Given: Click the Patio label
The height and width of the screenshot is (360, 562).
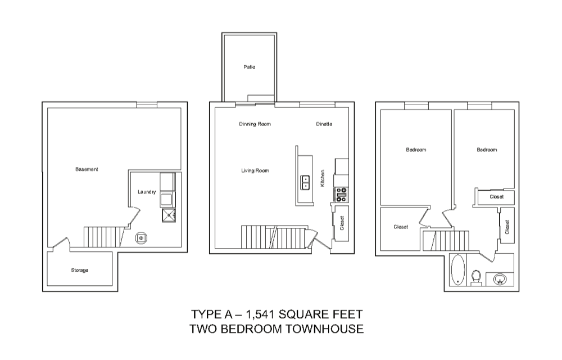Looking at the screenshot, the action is click(250, 67).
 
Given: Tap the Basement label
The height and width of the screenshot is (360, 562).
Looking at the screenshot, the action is click(87, 169).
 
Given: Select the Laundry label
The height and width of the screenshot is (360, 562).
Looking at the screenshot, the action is click(147, 192).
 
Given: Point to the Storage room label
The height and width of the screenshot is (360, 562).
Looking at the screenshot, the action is click(80, 270).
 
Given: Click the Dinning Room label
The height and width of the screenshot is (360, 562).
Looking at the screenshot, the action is click(255, 124).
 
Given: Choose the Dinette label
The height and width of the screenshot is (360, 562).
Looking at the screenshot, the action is click(324, 124).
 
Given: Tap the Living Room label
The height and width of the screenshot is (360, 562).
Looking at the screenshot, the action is click(255, 170).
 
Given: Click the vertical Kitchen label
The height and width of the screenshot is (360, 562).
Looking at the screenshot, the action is click(323, 178).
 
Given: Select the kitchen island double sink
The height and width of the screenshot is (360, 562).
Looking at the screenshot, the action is click(305, 182).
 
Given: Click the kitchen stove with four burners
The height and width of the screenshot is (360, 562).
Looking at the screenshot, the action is click(341, 194).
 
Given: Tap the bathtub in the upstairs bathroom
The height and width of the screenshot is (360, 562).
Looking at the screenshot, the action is click(458, 269).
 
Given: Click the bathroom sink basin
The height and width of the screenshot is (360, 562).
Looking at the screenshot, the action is click(500, 278).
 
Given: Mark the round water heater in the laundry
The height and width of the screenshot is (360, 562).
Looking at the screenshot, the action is click(141, 238).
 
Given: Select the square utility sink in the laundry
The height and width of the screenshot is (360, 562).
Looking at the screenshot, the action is click(169, 215).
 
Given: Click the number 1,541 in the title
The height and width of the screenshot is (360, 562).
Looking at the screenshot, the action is click(260, 315).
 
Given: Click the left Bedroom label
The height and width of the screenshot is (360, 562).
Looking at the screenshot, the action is click(416, 150).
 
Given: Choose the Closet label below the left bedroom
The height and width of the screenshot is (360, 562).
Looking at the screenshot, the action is click(401, 227).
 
